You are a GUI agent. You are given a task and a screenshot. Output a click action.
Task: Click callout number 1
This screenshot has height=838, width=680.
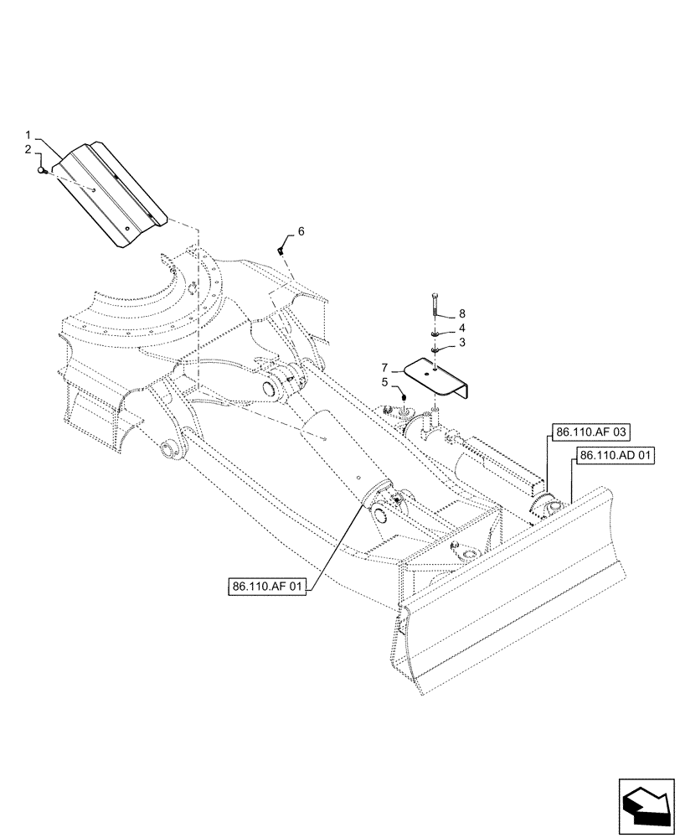tap(28, 135)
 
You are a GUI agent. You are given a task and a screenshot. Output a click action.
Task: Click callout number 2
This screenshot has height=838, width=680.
tap(28, 149)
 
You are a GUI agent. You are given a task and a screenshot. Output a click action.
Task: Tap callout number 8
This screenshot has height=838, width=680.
tap(461, 314)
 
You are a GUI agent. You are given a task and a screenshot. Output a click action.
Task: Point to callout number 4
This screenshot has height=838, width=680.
tap(461, 328)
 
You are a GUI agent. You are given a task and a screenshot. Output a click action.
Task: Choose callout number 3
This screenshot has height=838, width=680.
tap(461, 343)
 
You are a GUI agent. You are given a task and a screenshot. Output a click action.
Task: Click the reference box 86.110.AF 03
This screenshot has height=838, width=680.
tap(590, 432)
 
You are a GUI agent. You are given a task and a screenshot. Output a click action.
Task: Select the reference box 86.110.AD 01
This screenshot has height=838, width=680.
tap(616, 457)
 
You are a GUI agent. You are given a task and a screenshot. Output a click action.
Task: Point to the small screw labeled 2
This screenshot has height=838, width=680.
tap(42, 171)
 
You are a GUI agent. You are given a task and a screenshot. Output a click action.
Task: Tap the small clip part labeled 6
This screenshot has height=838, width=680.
tap(282, 249)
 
